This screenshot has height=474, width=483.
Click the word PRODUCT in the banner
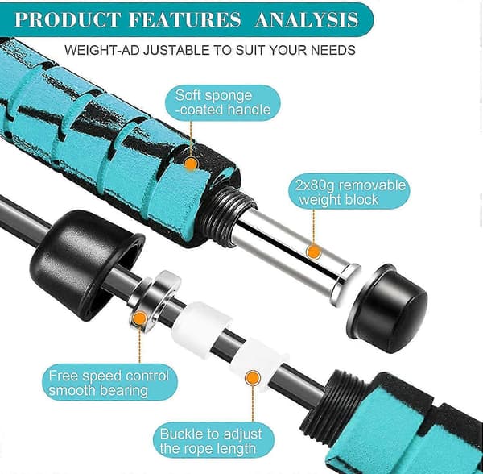pyautogui.click(x=68, y=19)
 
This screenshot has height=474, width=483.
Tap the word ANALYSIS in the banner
pyautogui.click(x=307, y=19)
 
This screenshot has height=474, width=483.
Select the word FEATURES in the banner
pyautogui.click(x=185, y=19)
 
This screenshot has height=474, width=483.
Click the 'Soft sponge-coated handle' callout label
pyautogui.click(x=223, y=102)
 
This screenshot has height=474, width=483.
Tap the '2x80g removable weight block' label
pyautogui.click(x=349, y=192)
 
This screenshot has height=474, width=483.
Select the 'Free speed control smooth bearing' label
pyautogui.click(x=109, y=383)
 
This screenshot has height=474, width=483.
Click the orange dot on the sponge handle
pyautogui.click(x=191, y=164)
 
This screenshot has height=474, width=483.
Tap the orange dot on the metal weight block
pyautogui.click(x=314, y=252)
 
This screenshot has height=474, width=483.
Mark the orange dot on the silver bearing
pyautogui.click(x=140, y=318)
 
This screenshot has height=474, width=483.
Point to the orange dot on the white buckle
pyautogui.click(x=253, y=378)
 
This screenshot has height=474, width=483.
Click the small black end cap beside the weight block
pyautogui.click(x=387, y=308)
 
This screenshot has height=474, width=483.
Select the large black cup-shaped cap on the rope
pyautogui.click(x=87, y=265)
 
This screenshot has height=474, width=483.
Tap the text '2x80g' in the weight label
pyautogui.click(x=315, y=185)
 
